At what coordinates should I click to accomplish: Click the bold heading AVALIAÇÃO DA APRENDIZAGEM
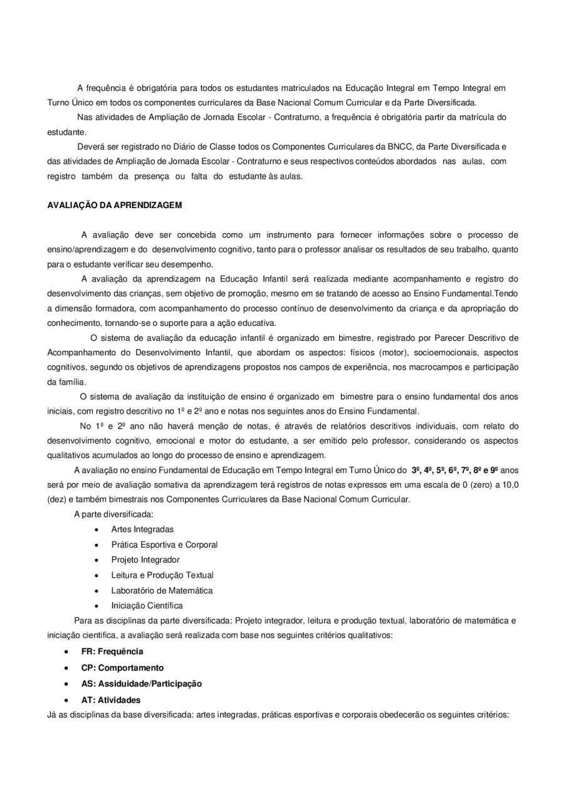pos(115,205)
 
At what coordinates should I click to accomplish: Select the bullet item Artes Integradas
pos(142,529)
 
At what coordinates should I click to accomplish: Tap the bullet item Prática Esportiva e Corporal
pos(164,544)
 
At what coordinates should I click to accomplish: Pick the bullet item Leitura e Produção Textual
pos(162,575)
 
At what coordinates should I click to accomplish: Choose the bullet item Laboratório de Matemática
pos(162,590)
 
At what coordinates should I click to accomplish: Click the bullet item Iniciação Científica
pos(147,606)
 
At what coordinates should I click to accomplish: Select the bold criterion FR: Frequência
pos(112,652)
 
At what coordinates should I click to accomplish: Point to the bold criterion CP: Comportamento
pos(122,667)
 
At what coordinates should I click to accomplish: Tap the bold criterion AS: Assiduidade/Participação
pos(142,683)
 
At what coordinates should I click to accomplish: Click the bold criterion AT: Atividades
pos(111,699)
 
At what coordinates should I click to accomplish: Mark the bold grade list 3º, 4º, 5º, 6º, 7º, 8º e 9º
pos(455,469)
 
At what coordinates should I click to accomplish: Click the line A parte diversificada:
pos(113,514)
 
